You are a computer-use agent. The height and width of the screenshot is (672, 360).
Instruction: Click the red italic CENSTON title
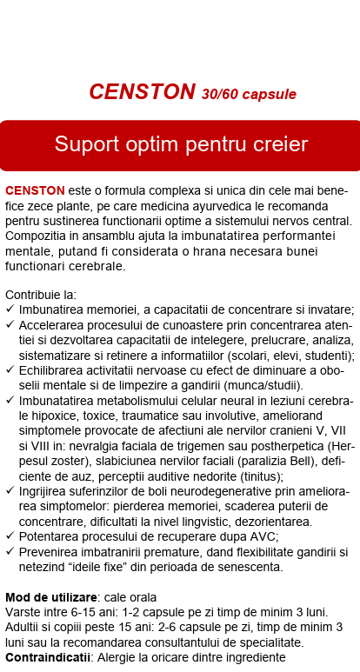tap(142, 92)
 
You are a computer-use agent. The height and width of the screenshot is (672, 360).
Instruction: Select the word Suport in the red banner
tap(84, 144)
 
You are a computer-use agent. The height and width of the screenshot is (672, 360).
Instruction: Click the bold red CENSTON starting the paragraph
tap(35, 190)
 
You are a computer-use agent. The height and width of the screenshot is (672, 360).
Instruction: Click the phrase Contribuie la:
tap(40, 296)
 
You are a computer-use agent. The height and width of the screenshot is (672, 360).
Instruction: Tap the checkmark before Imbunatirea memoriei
tap(10, 310)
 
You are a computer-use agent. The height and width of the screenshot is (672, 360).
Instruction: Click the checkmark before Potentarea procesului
tap(10, 536)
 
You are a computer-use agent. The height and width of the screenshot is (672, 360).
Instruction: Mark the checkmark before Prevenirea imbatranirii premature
tap(10, 551)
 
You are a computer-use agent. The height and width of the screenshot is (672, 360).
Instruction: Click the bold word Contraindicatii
tap(48, 657)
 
